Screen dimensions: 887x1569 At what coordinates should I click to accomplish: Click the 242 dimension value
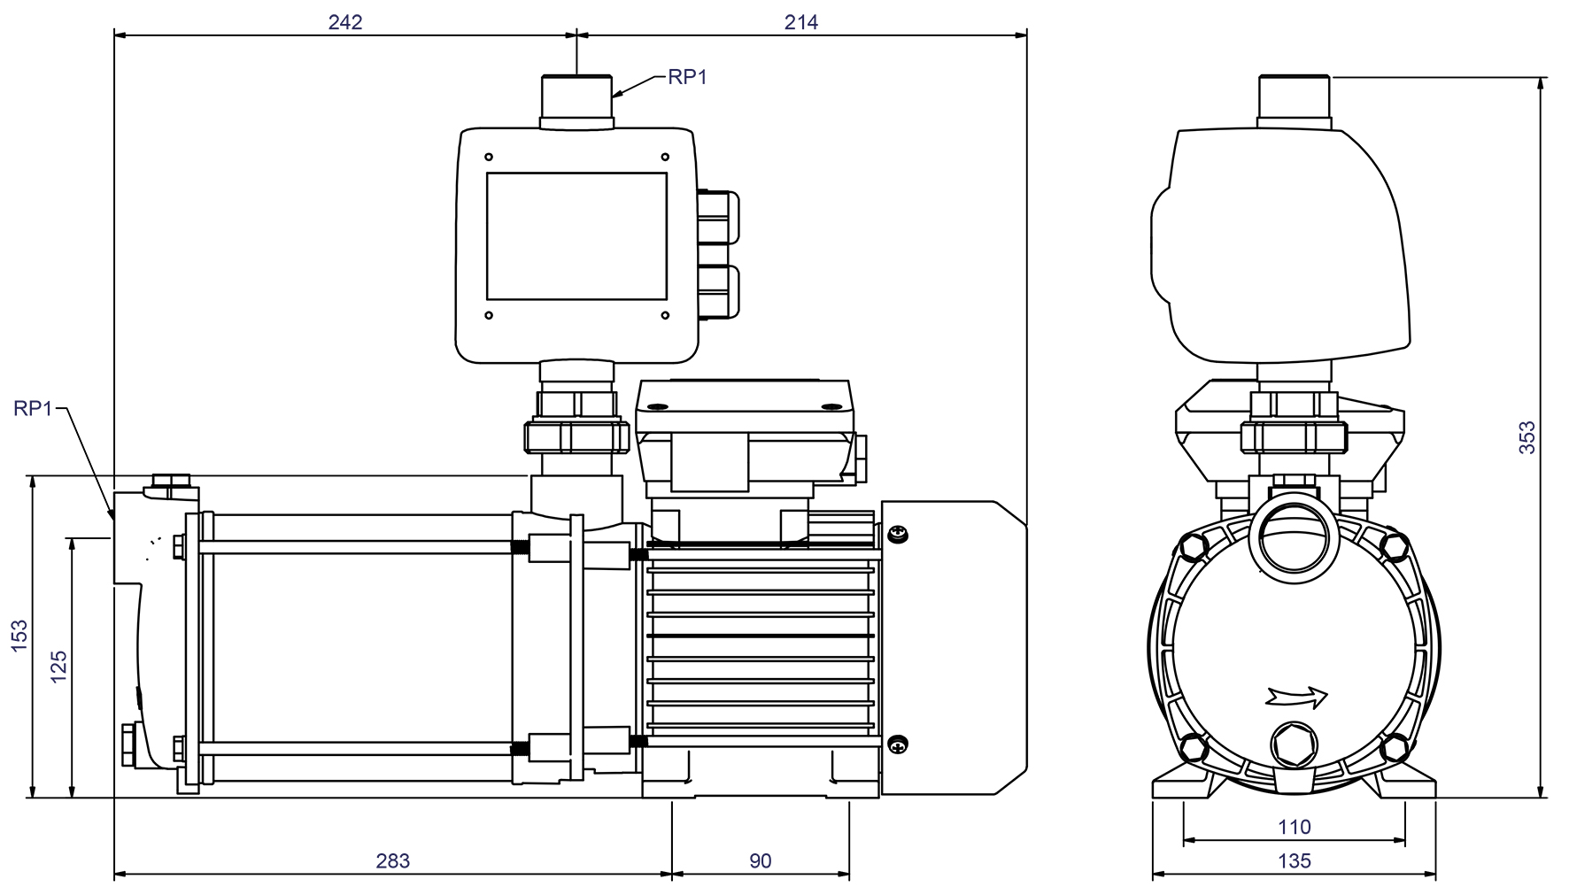tap(345, 22)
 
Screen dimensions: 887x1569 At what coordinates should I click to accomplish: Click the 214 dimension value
tap(800, 22)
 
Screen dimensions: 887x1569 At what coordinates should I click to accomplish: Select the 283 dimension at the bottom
tap(393, 860)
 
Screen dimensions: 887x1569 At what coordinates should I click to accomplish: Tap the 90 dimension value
tap(760, 860)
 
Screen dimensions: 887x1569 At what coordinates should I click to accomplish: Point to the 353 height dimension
tap(1527, 438)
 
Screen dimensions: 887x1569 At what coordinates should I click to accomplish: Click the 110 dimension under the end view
tap(1294, 827)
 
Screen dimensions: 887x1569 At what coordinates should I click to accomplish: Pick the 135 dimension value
tap(1294, 860)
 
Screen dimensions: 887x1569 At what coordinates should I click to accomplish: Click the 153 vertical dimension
tap(19, 636)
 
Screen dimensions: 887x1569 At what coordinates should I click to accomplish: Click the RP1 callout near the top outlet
tap(687, 77)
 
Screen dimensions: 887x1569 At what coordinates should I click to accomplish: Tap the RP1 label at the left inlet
tap(34, 408)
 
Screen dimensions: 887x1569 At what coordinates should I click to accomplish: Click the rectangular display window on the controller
tap(576, 235)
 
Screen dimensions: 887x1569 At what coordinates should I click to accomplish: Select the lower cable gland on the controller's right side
tap(718, 293)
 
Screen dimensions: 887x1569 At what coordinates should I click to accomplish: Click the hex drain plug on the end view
tap(1294, 744)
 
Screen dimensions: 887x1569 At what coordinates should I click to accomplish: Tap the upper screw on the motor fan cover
tap(898, 534)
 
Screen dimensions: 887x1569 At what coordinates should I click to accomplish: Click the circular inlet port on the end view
tap(1294, 540)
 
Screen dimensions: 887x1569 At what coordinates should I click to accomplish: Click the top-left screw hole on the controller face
tap(488, 157)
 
